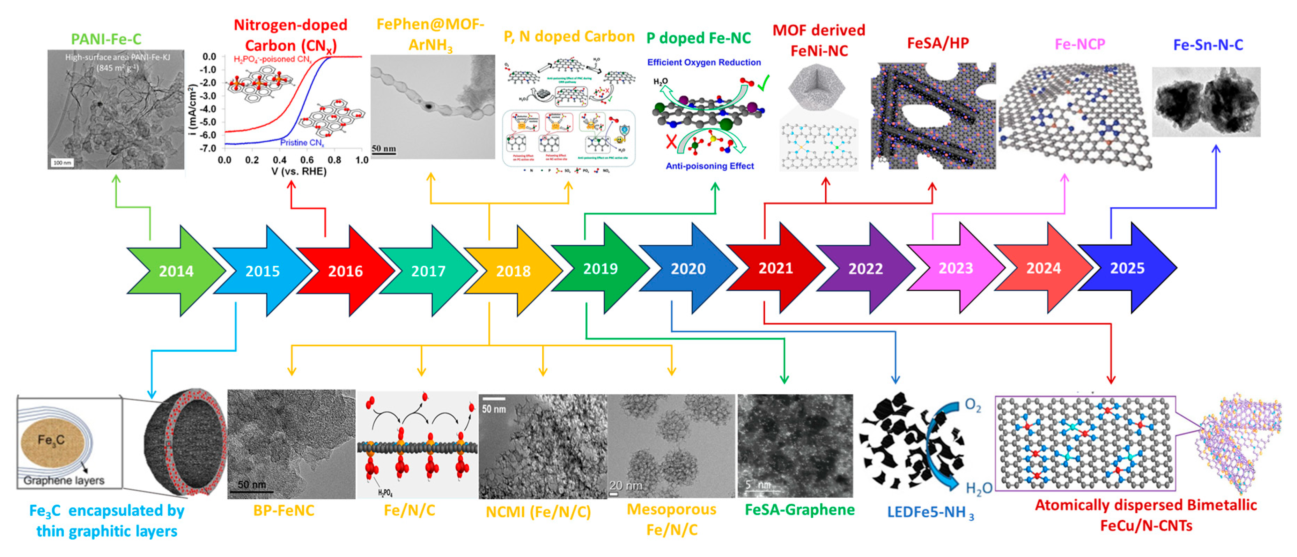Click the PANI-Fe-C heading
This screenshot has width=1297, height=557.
106,39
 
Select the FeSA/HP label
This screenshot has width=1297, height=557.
937,43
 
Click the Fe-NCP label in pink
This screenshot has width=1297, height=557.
1079,44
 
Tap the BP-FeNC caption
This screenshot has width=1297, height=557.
283,510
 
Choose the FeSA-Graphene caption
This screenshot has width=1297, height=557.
799,510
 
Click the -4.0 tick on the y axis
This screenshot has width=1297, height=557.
209,109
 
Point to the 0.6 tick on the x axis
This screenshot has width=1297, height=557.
307,160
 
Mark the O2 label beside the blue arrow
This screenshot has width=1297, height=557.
972,406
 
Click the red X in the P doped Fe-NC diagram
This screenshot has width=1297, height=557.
671,142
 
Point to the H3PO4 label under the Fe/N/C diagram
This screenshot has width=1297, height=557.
385,492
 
